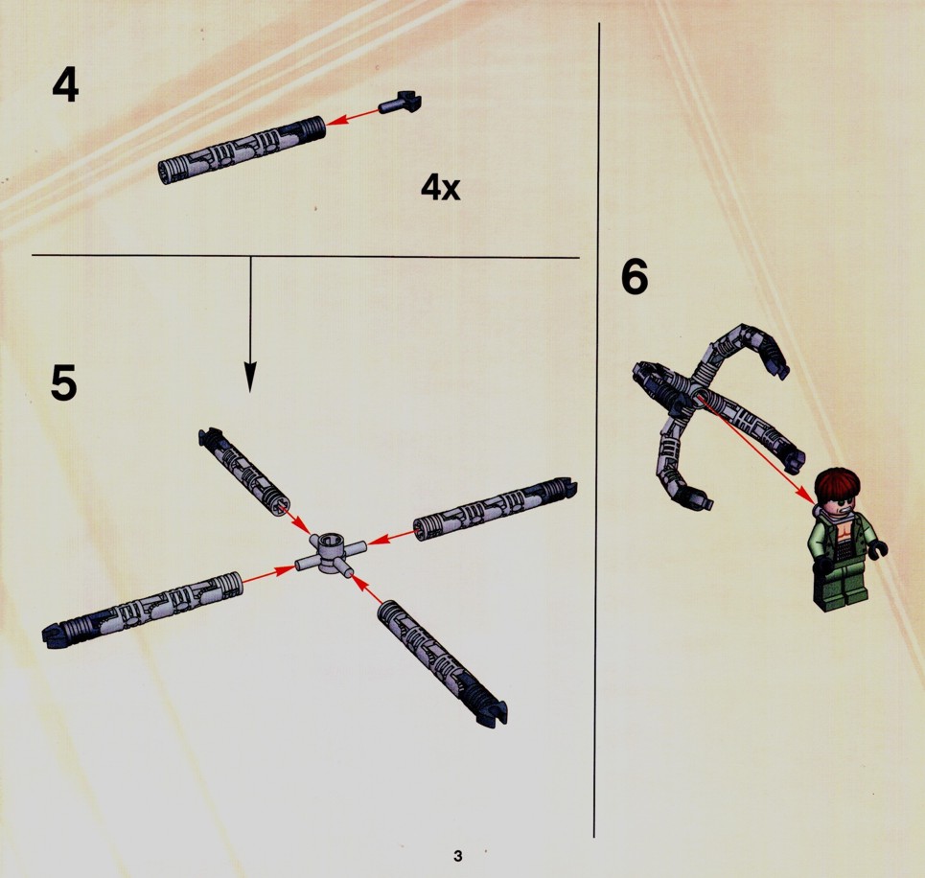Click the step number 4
pyautogui.click(x=65, y=85)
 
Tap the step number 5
pyautogui.click(x=63, y=382)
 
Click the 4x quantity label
pyautogui.click(x=441, y=188)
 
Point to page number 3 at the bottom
pyautogui.click(x=458, y=856)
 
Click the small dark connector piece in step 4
pyautogui.click(x=401, y=103)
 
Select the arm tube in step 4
pyautogui.click(x=242, y=150)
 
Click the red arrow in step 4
pyautogui.click(x=353, y=117)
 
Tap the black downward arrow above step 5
pyautogui.click(x=251, y=325)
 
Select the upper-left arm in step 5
pyautogui.click(x=243, y=472)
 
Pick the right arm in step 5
pyautogui.click(x=496, y=509)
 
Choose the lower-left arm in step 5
pyautogui.click(x=143, y=609)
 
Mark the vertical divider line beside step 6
pyautogui.click(x=596, y=429)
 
